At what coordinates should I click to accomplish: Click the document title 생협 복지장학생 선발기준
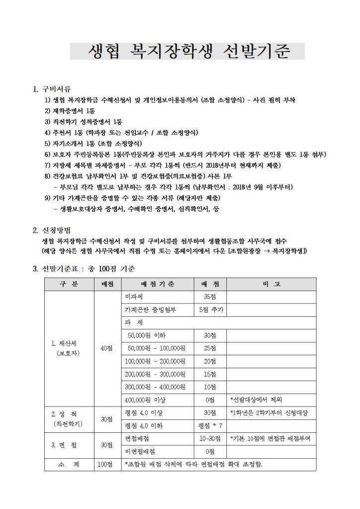click(187, 52)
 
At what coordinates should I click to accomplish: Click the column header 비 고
click(270, 284)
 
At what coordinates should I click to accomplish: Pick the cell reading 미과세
click(134, 297)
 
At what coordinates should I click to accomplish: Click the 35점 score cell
click(210, 297)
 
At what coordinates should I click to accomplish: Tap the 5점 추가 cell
click(210, 310)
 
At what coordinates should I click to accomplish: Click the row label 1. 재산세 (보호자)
click(69, 348)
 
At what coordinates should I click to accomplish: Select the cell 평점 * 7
click(210, 426)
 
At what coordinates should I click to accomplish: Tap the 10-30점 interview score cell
click(210, 439)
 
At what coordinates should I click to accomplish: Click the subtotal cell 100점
click(106, 465)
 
